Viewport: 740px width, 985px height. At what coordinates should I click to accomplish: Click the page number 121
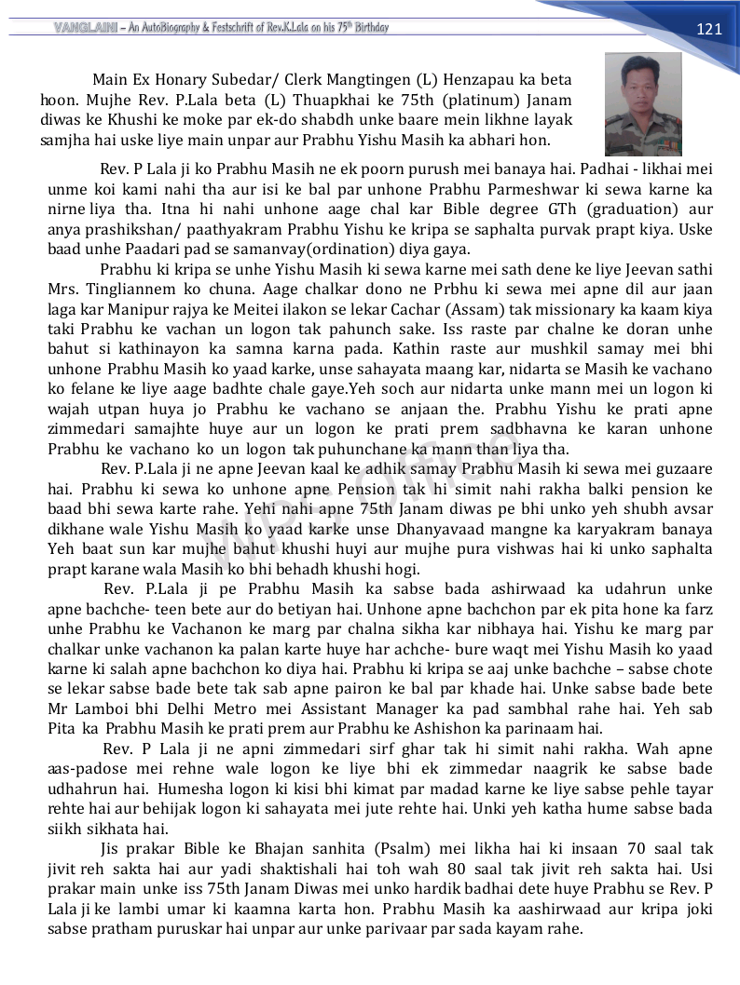click(x=709, y=29)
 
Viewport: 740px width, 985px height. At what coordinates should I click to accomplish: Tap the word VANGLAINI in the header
click(x=83, y=28)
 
